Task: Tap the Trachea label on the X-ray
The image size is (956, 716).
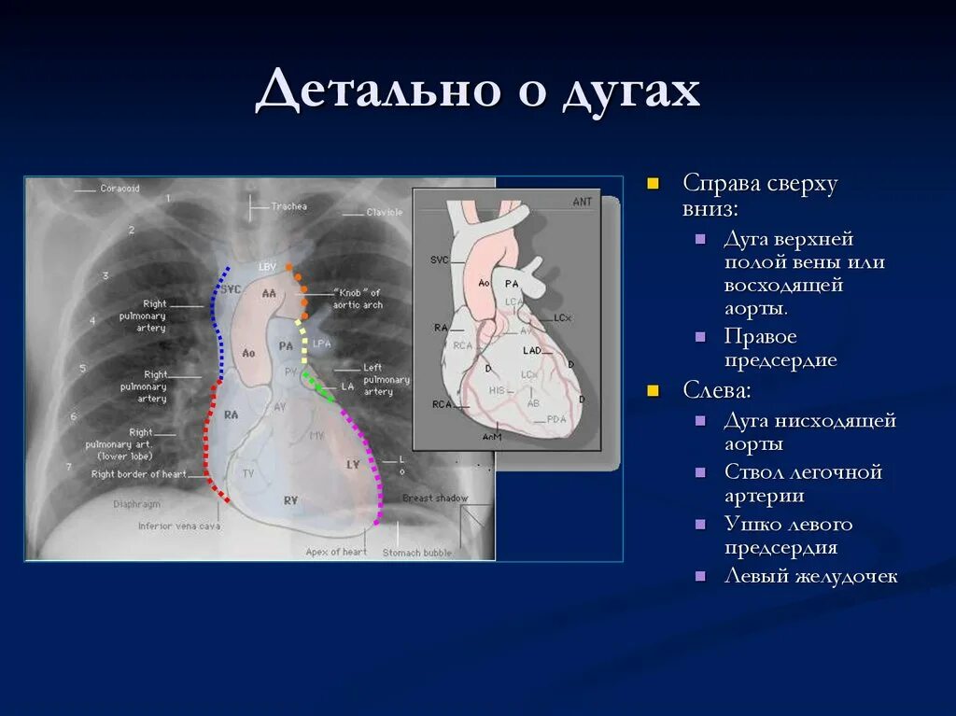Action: [288, 206]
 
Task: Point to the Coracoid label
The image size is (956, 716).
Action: [119, 189]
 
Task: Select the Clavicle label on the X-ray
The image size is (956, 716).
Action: [384, 213]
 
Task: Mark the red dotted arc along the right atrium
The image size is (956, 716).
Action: [208, 439]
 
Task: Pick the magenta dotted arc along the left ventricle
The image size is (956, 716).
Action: [370, 457]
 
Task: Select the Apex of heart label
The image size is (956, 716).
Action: [336, 552]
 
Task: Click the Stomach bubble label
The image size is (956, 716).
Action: [417, 553]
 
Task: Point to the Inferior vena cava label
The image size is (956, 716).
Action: [178, 526]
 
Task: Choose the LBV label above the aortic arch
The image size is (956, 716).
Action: [267, 267]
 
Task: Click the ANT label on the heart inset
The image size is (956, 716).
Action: [583, 201]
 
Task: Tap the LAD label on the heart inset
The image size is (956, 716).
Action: [532, 350]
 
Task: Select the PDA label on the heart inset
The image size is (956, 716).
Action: [556, 418]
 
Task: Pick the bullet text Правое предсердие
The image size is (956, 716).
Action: [780, 348]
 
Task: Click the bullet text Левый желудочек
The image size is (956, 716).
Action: [810, 576]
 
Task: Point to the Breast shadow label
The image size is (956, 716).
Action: [435, 498]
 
